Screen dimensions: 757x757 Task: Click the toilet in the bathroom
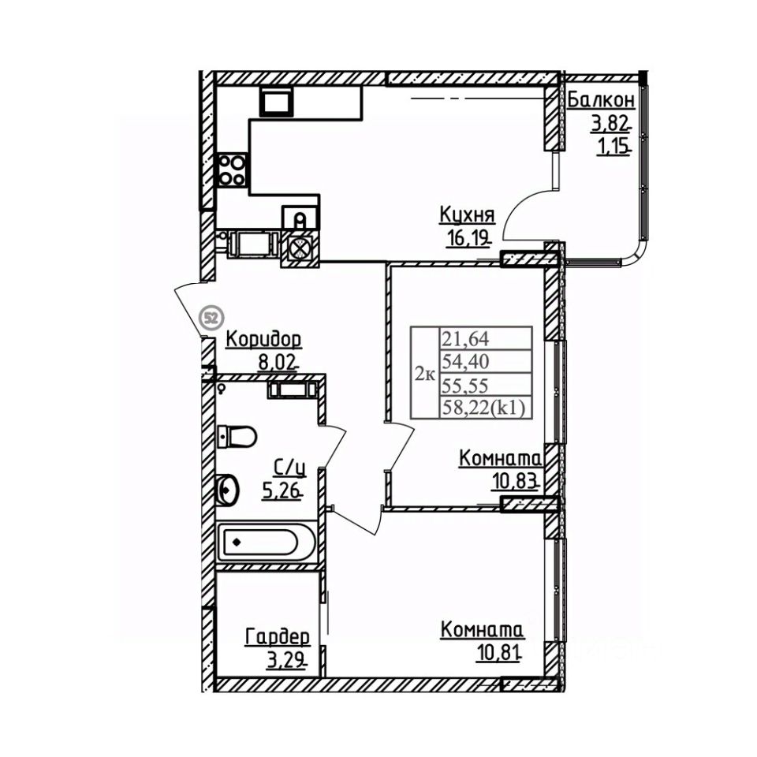coord(237,436)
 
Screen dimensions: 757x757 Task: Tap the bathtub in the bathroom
coord(259,543)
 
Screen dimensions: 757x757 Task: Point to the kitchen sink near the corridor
coord(300,217)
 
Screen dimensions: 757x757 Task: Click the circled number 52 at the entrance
coord(211,318)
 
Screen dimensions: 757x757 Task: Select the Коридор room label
coord(263,340)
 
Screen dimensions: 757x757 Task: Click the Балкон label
coord(601,100)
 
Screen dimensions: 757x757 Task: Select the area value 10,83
coord(515,480)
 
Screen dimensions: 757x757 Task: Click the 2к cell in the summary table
coord(425,373)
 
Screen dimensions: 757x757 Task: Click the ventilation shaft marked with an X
coord(300,247)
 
